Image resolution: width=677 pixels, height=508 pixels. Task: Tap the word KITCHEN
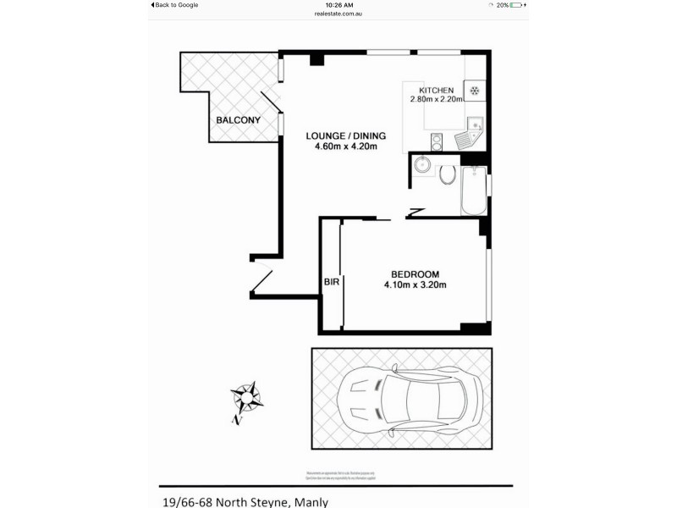pos(438,90)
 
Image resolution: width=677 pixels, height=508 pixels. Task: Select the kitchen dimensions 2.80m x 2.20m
pos(438,100)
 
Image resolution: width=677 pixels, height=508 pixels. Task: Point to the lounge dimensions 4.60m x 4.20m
pos(345,146)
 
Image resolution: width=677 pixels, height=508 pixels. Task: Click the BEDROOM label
pos(415,273)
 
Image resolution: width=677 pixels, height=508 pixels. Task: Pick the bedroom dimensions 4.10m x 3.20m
pos(415,284)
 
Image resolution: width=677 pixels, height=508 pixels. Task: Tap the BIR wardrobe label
pos(331,283)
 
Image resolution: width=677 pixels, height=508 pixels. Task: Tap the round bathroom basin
pos(421,166)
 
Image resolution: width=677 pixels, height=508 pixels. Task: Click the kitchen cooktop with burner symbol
pos(475,91)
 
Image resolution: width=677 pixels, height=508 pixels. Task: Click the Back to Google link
pos(175,5)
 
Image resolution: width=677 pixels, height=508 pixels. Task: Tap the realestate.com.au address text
pos(338,14)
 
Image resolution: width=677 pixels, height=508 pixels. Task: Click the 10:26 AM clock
pos(338,5)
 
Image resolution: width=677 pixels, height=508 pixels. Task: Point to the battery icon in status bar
pos(518,5)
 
